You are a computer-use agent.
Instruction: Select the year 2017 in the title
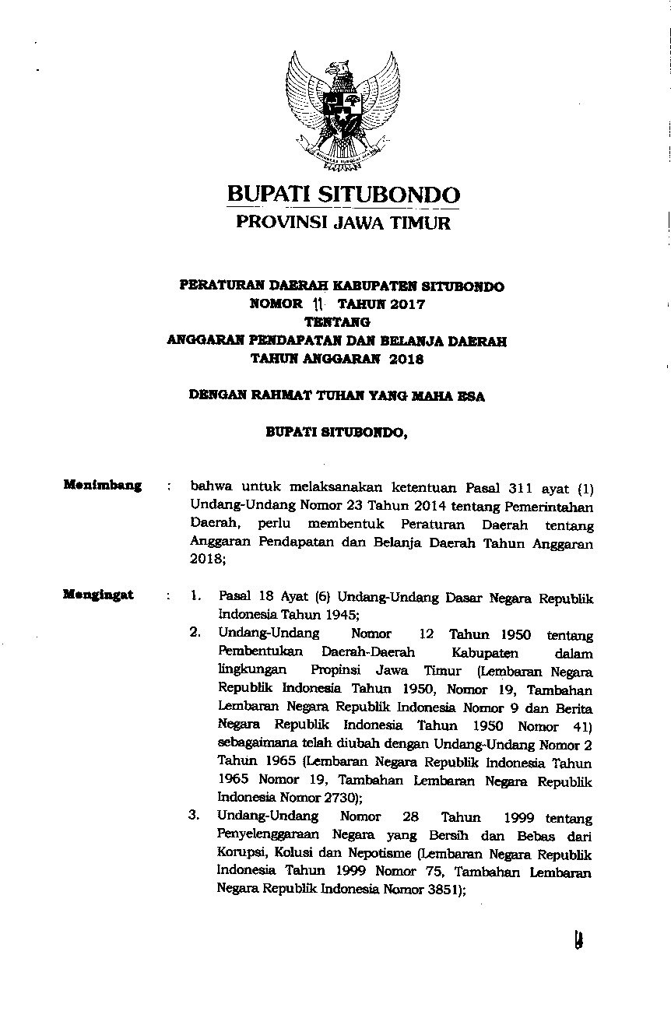408,304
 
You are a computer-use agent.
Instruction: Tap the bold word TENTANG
336,322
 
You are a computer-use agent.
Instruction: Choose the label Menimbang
103,486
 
